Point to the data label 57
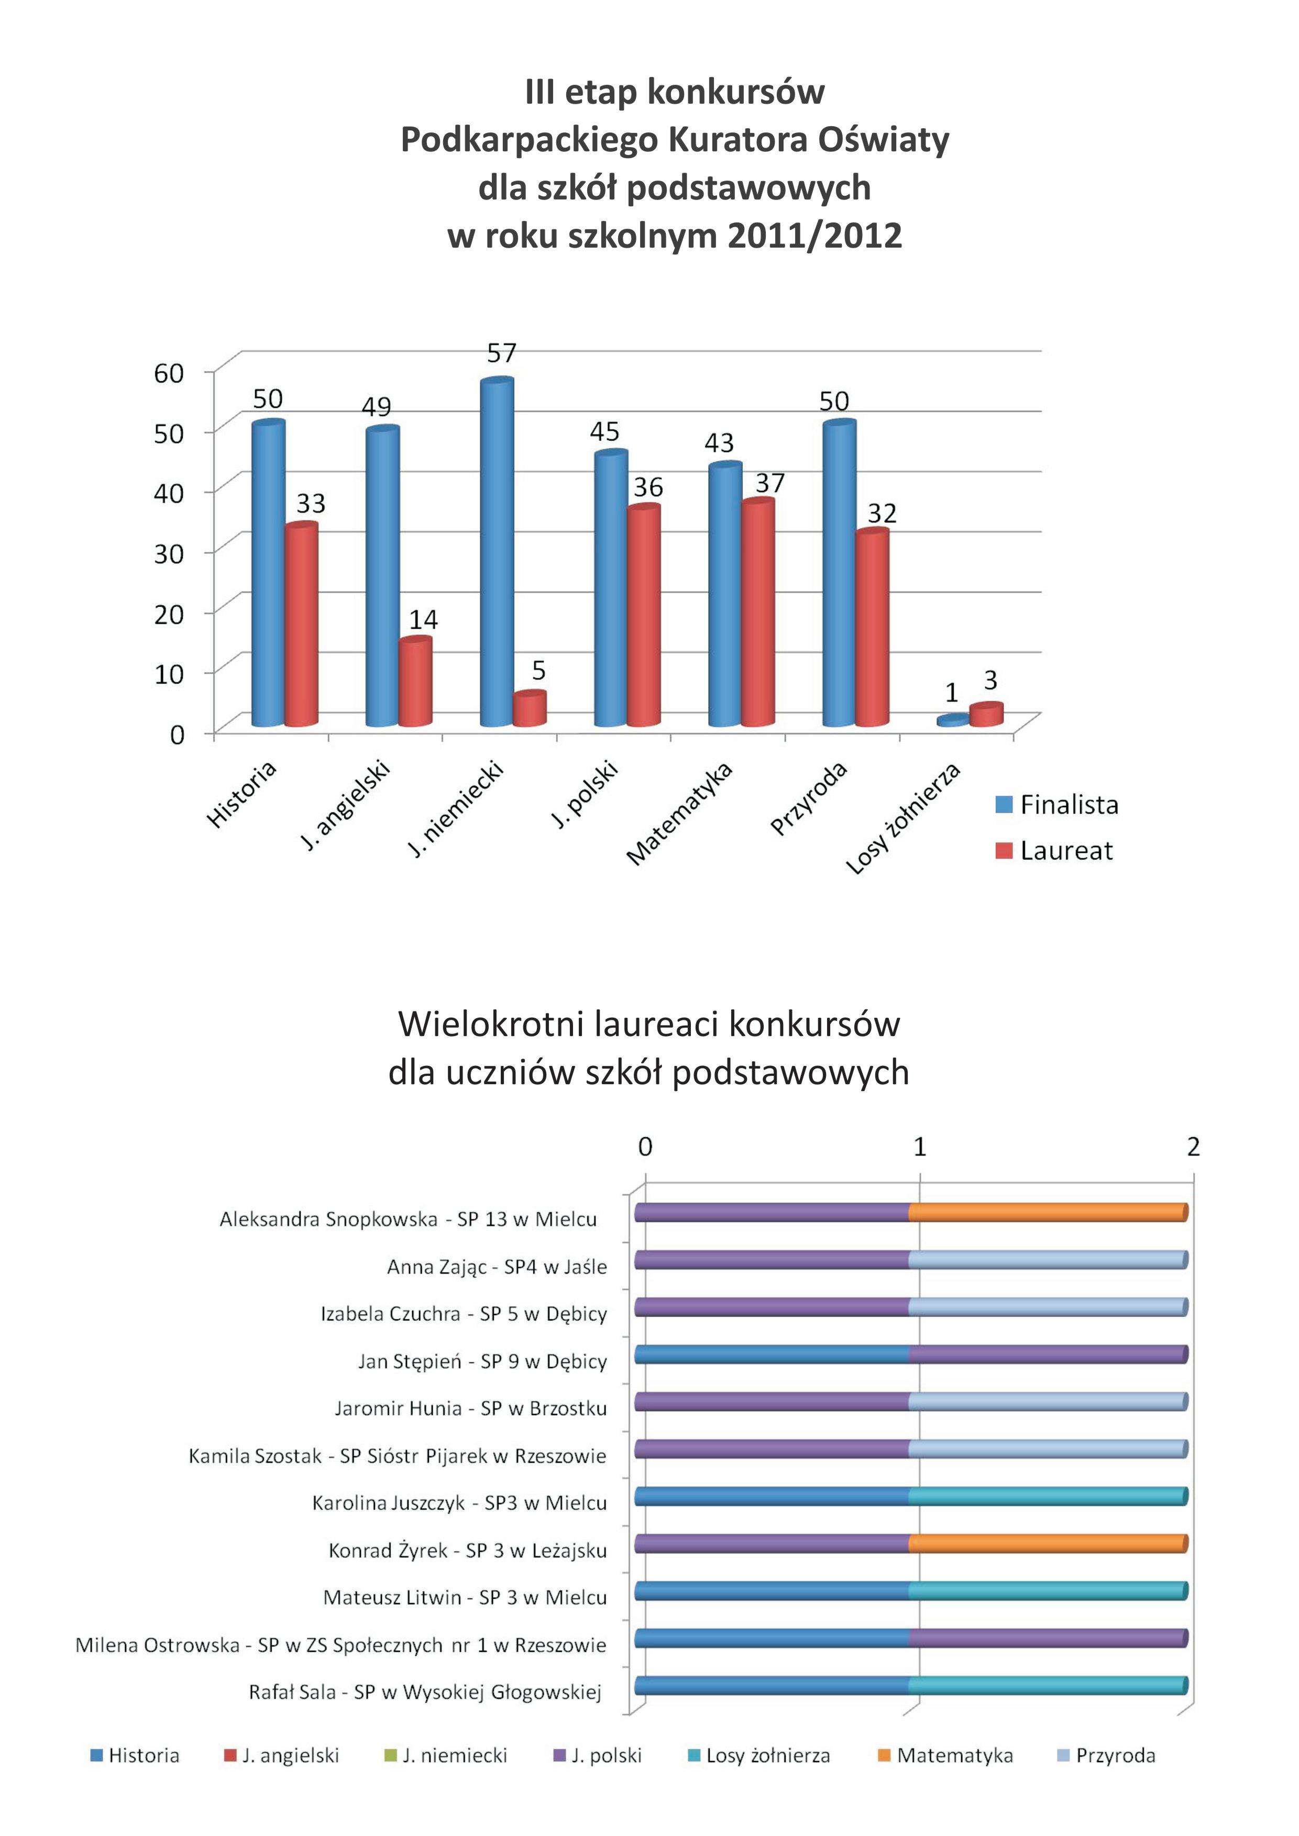click(x=502, y=353)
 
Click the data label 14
click(x=423, y=620)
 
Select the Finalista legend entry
click(x=1056, y=805)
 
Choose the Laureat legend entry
click(x=1053, y=850)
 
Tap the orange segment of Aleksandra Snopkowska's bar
click(x=1048, y=1212)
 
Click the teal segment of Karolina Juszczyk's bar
click(x=1048, y=1496)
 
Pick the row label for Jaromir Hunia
click(x=470, y=1408)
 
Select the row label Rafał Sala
click(x=425, y=1692)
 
